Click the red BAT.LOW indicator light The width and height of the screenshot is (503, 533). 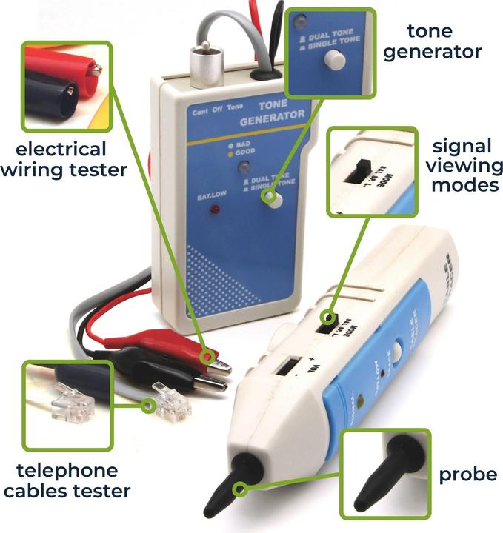[216, 210]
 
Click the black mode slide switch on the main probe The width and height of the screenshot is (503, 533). [327, 321]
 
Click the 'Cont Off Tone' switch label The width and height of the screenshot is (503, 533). [217, 111]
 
